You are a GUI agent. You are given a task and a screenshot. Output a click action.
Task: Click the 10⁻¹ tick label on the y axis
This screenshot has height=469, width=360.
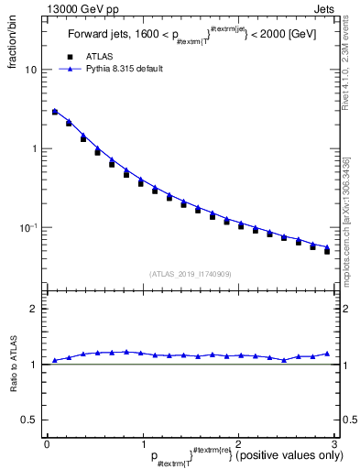click(28, 226)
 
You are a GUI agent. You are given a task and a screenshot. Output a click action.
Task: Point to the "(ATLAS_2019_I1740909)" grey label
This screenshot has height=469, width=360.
click(191, 273)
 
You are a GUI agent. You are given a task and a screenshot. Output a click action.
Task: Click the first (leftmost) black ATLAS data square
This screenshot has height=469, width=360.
click(55, 113)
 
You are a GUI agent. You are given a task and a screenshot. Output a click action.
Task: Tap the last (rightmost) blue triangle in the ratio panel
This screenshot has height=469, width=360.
click(327, 354)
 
